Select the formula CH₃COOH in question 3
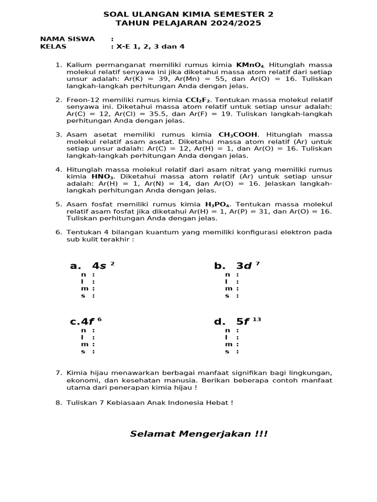point(238,134)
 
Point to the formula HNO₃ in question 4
point(103,176)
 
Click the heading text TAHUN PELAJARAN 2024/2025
point(188,23)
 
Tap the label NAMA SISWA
point(67,39)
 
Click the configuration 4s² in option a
point(103,266)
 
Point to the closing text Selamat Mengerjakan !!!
point(199,434)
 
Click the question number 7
point(58,373)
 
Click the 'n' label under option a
point(83,275)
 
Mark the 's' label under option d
point(227,351)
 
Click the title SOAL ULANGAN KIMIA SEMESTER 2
point(188,14)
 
